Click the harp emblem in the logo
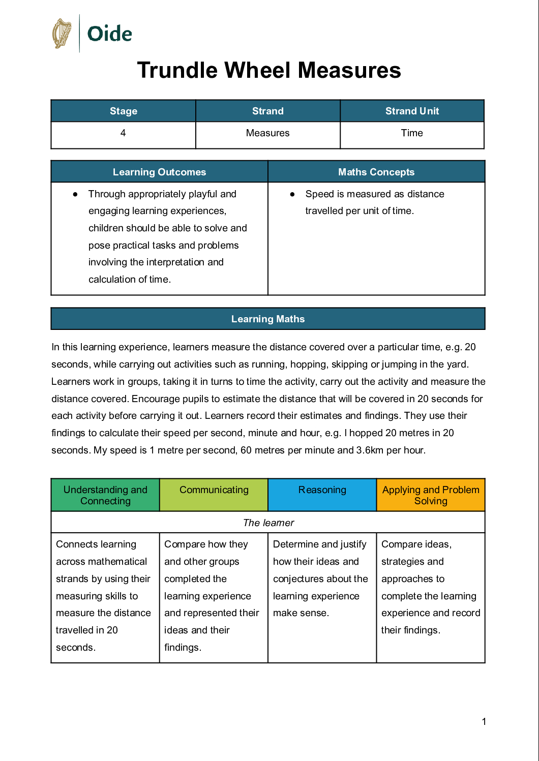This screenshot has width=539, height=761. coord(62,34)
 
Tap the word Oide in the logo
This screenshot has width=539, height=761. coord(109,34)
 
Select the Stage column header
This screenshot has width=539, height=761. coord(124,111)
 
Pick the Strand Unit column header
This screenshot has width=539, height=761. coord(412,111)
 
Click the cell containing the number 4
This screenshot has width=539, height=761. coord(123,133)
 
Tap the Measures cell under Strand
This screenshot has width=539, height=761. coord(267,133)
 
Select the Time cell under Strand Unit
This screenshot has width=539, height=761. coord(411,133)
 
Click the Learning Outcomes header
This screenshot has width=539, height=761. coord(159,172)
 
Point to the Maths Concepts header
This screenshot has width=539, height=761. coord(376,172)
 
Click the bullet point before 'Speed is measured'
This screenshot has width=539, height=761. coord(292,194)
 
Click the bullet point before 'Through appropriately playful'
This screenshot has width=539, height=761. coord(75,194)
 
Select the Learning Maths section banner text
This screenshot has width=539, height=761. coord(268,319)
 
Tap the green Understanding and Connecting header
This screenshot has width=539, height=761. coord(105,495)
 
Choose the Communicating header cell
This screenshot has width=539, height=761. coord(214,490)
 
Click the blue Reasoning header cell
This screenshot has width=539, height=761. coord(322,490)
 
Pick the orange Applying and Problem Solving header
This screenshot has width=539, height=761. coord(431,495)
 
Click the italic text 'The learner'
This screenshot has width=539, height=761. coord(268,523)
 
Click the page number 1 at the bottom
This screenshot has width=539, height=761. coord(484,721)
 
